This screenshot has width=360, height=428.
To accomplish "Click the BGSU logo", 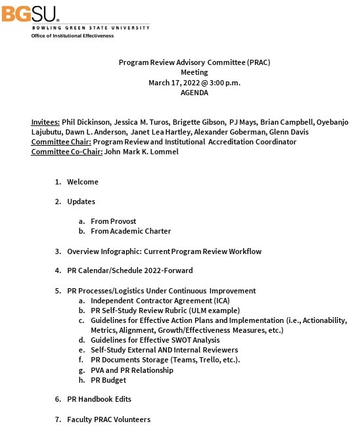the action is coord(31,13).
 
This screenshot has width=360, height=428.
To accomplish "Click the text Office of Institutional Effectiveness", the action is coord(72,36).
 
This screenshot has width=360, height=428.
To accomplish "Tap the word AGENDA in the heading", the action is coord(194,93).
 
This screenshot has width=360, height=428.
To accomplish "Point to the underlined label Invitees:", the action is coord(45,122).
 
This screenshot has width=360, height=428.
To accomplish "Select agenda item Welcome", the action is coord(83,182).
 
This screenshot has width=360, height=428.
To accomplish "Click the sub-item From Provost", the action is coord(114,221).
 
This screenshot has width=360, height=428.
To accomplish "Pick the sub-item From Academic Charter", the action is coord(131,231).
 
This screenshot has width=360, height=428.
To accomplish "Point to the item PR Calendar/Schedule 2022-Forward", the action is coord(129,270).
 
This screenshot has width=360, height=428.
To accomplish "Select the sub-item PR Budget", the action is coord(108,380).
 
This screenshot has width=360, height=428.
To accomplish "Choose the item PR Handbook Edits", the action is coord(99,399).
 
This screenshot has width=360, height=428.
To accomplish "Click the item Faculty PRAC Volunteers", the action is coord(108,419).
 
